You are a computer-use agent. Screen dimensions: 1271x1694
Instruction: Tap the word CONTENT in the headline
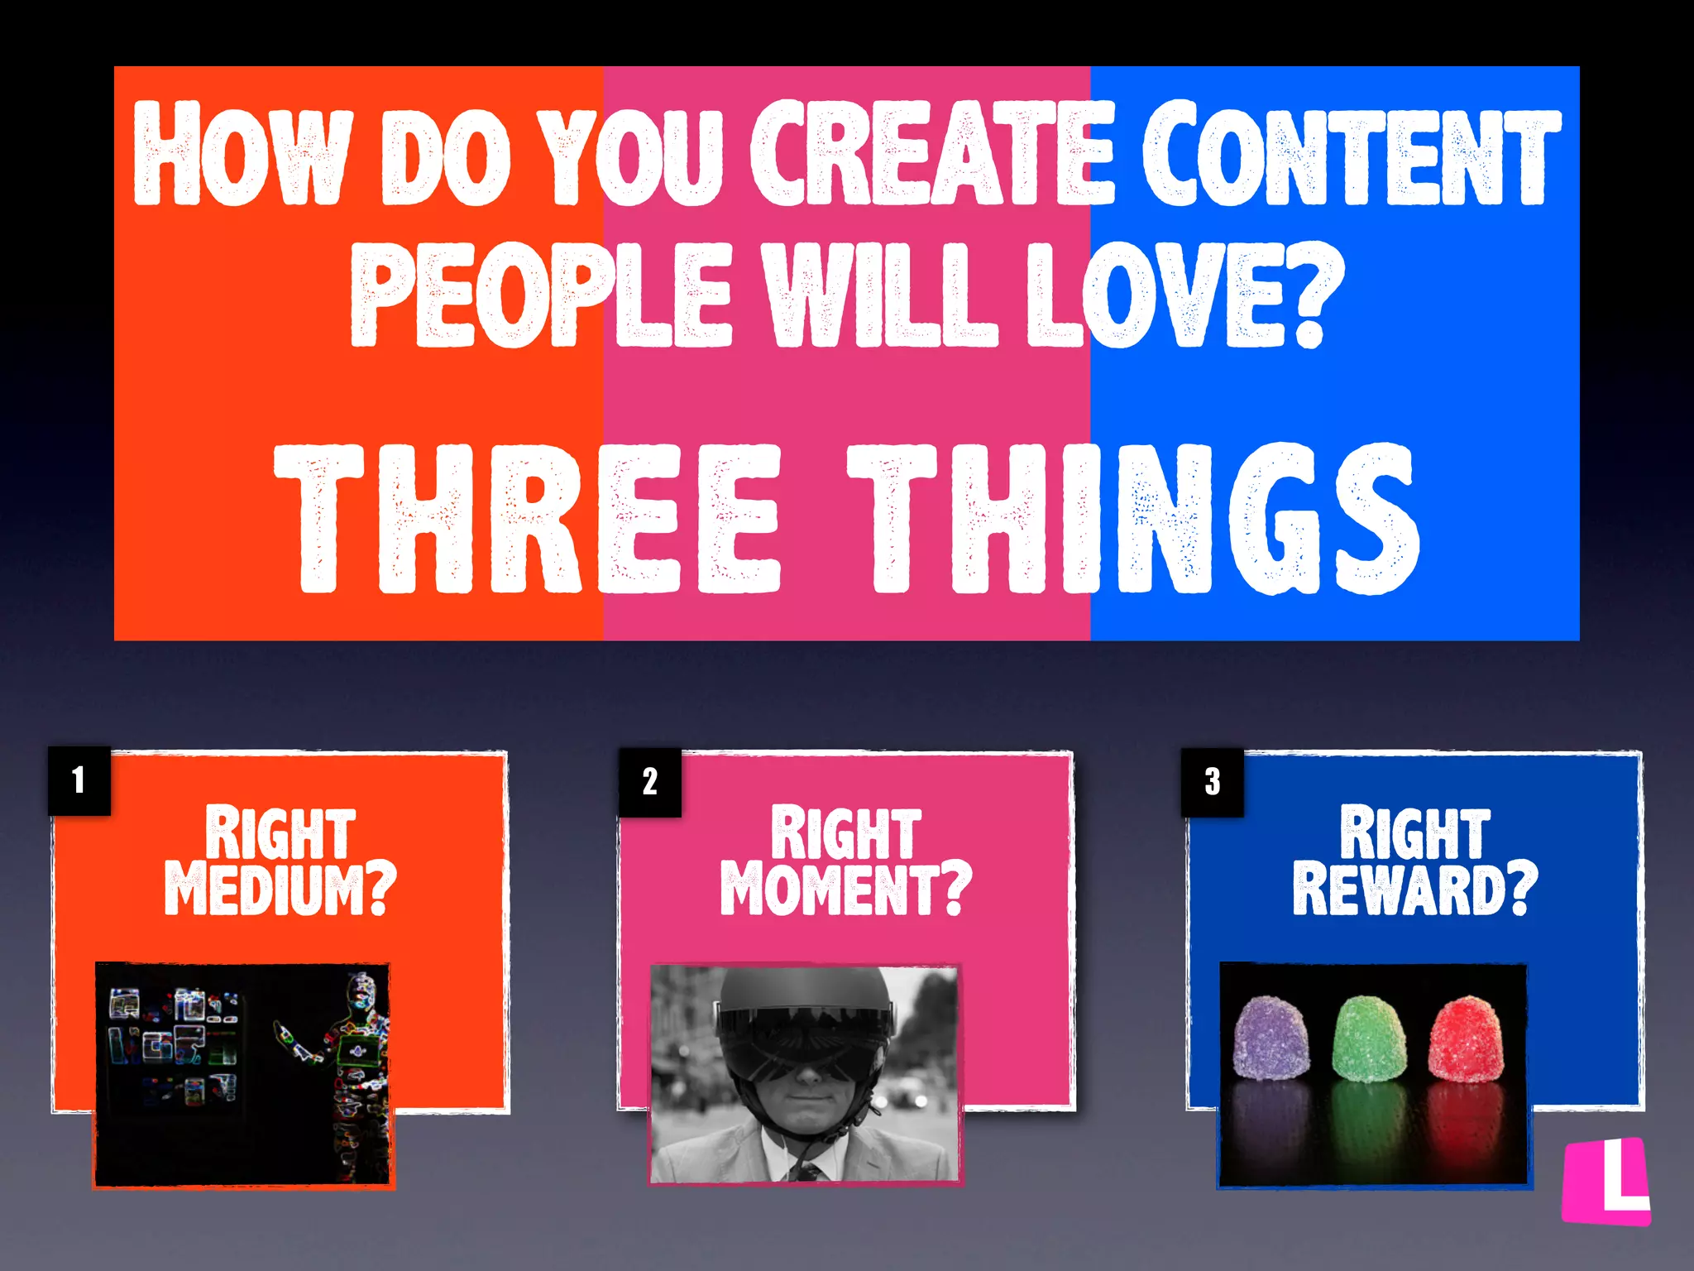pos(1351,155)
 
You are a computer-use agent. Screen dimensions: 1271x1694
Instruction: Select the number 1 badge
pos(79,780)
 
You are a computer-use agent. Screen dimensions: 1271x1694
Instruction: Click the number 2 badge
pos(650,782)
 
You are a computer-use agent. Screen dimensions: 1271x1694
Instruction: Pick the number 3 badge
pos(1212,782)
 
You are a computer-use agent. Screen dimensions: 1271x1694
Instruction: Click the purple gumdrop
pos(1271,1038)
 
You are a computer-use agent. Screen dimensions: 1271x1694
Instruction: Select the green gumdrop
pos(1369,1038)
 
